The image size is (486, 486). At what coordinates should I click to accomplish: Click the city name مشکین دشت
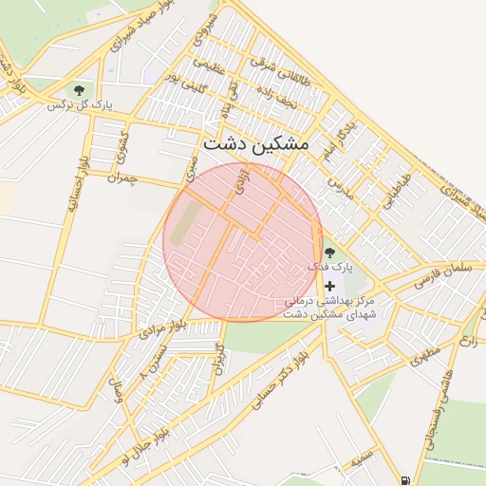255,143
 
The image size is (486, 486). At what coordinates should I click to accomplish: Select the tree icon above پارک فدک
329,252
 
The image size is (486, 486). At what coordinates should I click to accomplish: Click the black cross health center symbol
329,286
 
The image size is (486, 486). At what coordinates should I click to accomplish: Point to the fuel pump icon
407,480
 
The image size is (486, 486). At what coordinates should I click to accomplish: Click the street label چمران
123,178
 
